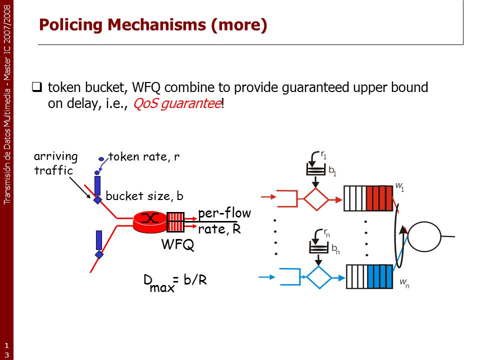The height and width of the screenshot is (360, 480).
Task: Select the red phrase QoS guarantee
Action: [x=177, y=103]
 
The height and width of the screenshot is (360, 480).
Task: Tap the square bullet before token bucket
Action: [x=36, y=87]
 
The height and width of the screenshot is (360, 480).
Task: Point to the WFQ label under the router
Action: [x=178, y=244]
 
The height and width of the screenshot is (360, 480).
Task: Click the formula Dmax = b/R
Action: [x=175, y=282]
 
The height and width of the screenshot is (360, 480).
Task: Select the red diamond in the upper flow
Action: [x=316, y=199]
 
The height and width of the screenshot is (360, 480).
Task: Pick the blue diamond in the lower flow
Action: [x=318, y=277]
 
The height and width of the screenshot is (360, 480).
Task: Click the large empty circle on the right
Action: [x=424, y=236]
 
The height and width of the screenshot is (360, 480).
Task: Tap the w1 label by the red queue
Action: [x=400, y=186]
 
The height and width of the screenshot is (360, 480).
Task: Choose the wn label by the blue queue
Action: [x=404, y=283]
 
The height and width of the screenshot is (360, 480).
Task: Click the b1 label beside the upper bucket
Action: [x=332, y=170]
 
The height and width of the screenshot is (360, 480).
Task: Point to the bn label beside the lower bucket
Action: [x=336, y=249]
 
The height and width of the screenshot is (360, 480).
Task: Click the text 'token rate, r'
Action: [x=144, y=156]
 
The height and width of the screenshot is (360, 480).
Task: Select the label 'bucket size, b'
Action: [x=144, y=196]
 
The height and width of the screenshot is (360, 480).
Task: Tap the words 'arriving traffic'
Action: [x=55, y=163]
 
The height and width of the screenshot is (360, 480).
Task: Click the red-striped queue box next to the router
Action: [x=175, y=222]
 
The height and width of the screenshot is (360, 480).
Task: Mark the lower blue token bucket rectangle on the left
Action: [x=99, y=240]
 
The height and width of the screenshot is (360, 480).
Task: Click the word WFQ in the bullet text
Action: [x=146, y=87]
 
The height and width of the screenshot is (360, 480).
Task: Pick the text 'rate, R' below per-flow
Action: [x=219, y=229]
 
